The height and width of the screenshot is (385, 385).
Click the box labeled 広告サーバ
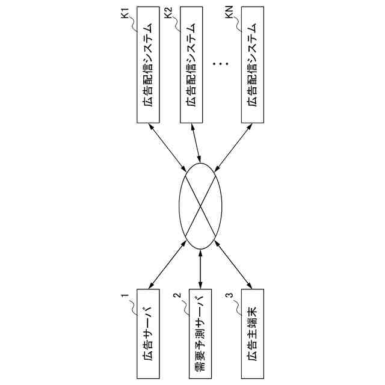(x=147, y=334)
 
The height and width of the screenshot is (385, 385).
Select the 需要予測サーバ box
(x=200, y=334)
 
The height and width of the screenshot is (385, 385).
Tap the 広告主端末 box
(x=252, y=334)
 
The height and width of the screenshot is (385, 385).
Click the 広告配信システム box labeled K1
(x=148, y=66)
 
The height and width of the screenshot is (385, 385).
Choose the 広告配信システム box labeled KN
(x=253, y=66)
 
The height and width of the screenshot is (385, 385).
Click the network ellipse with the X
(x=200, y=204)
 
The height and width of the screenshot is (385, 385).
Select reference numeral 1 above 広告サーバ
(x=126, y=296)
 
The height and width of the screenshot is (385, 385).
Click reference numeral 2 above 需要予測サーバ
(x=177, y=295)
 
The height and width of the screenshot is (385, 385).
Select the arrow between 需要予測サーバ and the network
(x=200, y=268)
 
